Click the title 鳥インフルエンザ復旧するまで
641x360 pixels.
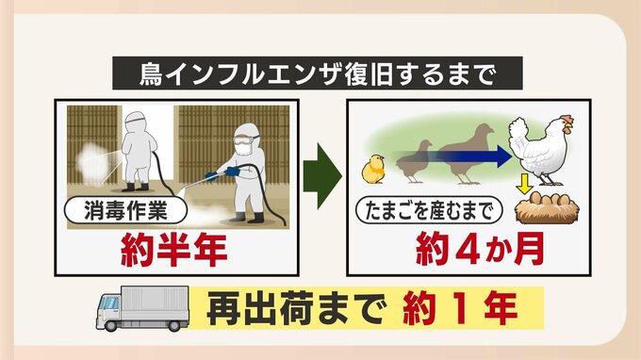coord(318,74)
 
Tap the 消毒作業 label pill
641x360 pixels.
coord(125,211)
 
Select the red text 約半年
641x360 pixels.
coord(174,250)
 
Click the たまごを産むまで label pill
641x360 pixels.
coord(428,211)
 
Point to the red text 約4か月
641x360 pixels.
coord(480,249)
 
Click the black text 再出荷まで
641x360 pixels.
coord(296,307)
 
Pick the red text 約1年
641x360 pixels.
coord(460,307)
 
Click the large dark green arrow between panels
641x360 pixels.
coord(322,176)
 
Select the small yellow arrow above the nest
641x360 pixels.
coord(524,185)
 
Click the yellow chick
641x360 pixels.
coord(373,169)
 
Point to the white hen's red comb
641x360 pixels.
coord(567,120)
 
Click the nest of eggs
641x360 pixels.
coord(547,208)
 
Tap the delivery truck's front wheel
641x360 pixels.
coord(111,325)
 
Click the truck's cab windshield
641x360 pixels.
coord(109,303)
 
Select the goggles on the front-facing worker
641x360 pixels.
coord(244,140)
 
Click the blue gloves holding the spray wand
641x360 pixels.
coord(222,172)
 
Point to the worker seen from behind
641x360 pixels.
coord(140,151)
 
